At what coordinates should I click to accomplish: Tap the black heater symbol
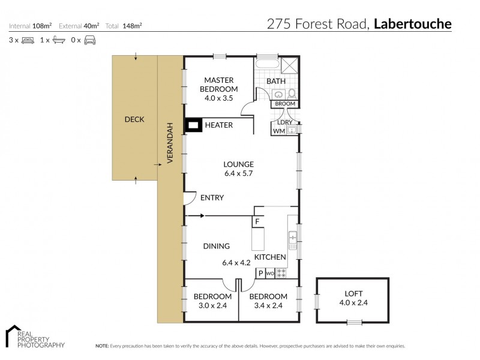(193, 125)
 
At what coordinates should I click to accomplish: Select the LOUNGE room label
(239, 164)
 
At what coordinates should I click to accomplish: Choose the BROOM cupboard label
(285, 104)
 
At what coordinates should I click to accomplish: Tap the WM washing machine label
(279, 130)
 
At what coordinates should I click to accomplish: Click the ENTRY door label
(212, 197)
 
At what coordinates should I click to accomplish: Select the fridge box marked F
(257, 221)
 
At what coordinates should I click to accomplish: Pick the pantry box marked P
(260, 273)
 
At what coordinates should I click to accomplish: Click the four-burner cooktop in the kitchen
(280, 273)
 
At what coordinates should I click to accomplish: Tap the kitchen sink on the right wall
(293, 240)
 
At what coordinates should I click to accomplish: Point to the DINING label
(216, 246)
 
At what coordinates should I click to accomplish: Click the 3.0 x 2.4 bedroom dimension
(212, 305)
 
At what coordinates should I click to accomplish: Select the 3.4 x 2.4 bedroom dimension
(268, 305)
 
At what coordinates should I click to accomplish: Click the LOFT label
(353, 293)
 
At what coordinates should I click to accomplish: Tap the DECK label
(134, 119)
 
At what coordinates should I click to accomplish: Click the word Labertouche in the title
(413, 24)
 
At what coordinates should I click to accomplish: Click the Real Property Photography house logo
(13, 336)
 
